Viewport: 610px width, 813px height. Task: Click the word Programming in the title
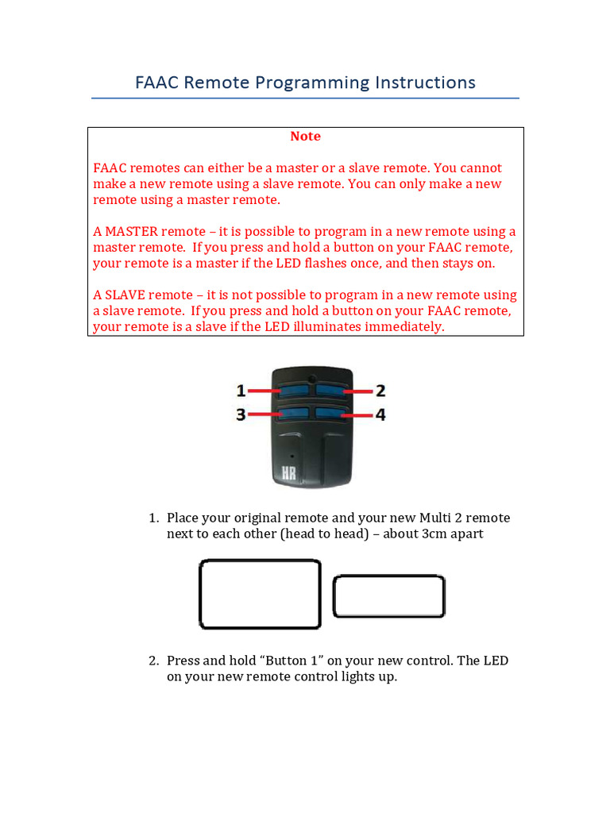tap(312, 83)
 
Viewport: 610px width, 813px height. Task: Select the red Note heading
tap(305, 137)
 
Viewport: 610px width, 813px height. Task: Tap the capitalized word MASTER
tap(131, 232)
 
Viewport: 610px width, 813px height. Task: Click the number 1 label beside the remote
tap(241, 391)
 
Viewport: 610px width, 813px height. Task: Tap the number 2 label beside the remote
tap(380, 391)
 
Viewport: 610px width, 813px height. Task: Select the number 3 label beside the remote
tap(241, 414)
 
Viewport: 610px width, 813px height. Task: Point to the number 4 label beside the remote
tap(380, 414)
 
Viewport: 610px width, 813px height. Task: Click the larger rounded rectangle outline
tap(259, 593)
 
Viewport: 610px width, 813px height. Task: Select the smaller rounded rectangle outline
tap(388, 596)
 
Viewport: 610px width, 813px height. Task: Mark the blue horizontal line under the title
tap(305, 98)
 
